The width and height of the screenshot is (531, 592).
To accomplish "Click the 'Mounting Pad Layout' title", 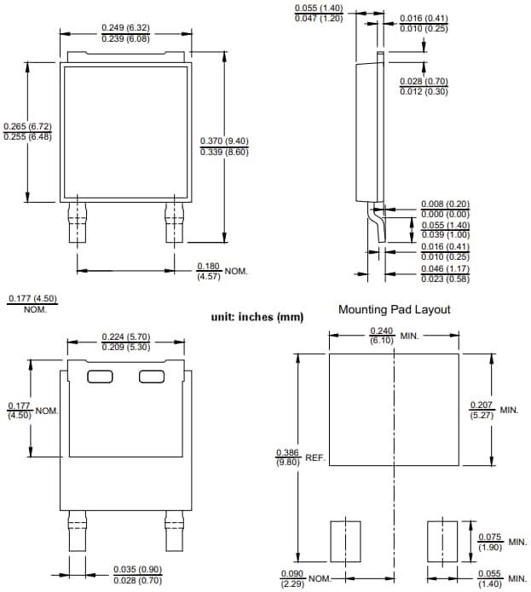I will pos(394,309).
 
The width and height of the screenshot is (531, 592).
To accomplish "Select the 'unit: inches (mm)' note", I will pos(257,317).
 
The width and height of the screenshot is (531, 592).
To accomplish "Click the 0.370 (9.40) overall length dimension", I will pos(224,146).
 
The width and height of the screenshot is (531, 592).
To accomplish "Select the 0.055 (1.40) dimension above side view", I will pos(319,12).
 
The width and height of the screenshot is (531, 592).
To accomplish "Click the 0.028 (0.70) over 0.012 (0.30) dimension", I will pos(424,86).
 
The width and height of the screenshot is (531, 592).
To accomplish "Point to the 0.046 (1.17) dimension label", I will pos(445,273).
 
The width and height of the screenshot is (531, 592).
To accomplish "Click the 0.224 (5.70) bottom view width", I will pos(126,342).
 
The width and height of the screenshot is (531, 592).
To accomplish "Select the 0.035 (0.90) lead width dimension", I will pos(138,574).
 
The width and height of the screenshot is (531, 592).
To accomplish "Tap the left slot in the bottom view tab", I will pos(100,376).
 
